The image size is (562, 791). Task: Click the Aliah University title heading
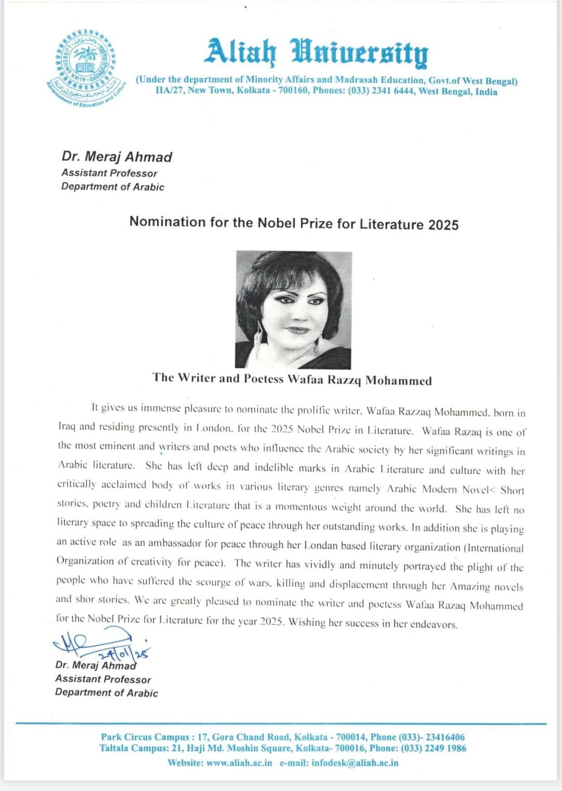[317, 52]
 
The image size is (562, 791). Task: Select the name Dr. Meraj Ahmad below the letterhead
[117, 157]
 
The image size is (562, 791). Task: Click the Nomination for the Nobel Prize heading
[294, 223]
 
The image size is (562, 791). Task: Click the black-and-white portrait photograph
[293, 310]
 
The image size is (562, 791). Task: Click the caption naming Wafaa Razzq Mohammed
[292, 379]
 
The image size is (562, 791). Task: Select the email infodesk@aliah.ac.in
[355, 763]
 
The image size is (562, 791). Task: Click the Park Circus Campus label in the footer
[145, 737]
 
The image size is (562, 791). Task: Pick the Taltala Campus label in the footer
[133, 748]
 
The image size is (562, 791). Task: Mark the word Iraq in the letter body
[67, 426]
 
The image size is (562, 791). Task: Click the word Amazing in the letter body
[470, 586]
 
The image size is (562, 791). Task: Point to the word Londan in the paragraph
[323, 546]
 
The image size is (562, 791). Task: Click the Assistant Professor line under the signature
[103, 679]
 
